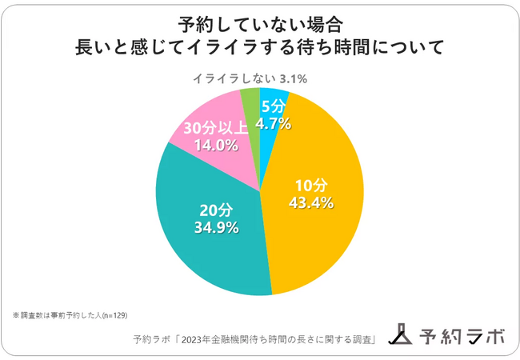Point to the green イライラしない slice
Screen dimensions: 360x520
pos(250,101)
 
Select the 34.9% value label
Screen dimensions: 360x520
pos(214,228)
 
